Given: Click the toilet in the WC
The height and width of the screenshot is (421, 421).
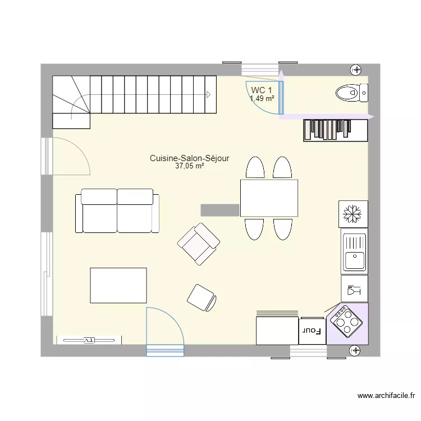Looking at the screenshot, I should coord(349,91).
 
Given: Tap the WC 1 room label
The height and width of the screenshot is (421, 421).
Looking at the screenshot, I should coord(262,90).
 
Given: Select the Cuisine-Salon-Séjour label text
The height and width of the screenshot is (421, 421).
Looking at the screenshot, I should coord(189,159).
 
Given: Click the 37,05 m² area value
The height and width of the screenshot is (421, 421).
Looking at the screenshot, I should coord(189,166).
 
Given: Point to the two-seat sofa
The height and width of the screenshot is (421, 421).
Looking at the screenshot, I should coord(117,211).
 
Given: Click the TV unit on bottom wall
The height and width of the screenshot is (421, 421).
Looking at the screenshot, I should coord(89,340).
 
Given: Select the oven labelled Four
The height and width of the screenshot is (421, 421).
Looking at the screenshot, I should coord(312,331).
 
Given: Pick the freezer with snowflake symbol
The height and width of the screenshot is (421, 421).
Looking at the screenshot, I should coord(354,214).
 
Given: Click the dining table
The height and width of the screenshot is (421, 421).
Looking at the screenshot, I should coord(269,198).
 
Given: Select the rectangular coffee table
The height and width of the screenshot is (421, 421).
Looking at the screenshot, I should coord(118,285).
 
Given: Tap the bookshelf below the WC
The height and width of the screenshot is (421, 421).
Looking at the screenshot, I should coord(335,130).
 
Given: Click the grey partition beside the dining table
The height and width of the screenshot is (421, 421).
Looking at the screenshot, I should coord(220,209).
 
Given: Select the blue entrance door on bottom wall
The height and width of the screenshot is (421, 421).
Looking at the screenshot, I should coord(165,331).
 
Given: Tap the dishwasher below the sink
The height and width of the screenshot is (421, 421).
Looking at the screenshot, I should coord(354,289).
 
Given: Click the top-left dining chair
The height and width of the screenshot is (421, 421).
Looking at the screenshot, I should coord(255,168).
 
